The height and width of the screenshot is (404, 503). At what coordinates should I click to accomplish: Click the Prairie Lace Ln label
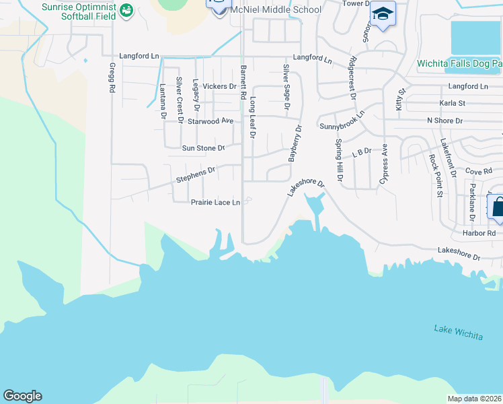pyautogui.click(x=215, y=202)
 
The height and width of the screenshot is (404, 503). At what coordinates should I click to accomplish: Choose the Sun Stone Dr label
pyautogui.click(x=203, y=147)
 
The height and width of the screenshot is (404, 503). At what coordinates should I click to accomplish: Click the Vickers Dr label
pyautogui.click(x=219, y=86)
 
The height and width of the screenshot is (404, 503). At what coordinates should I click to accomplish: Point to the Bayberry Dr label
pyautogui.click(x=293, y=143)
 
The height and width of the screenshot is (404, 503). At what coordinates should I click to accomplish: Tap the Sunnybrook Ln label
pyautogui.click(x=342, y=120)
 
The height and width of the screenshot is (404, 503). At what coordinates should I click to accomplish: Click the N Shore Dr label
pyautogui.click(x=444, y=121)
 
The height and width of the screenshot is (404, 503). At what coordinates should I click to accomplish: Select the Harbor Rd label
pyautogui.click(x=479, y=233)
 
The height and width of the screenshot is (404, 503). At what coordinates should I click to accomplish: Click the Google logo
pyautogui.click(x=22, y=396)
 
